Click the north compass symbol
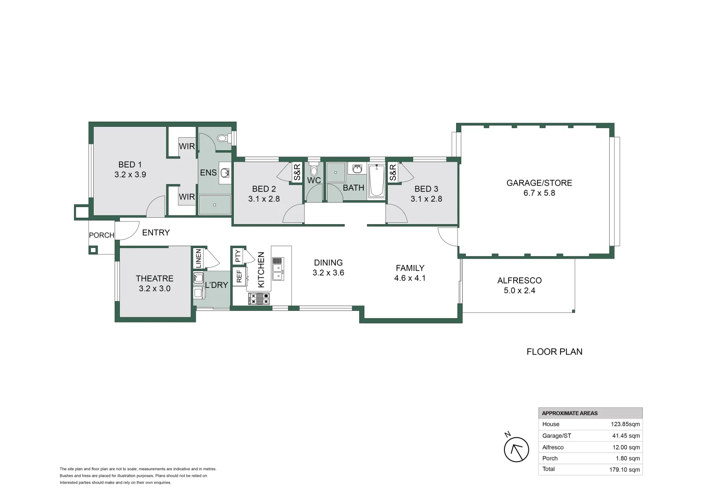516,449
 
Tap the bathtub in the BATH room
377,181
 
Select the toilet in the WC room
314,169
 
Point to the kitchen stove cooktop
259,299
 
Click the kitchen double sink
278,269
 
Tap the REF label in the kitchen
239,276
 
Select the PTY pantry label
238,255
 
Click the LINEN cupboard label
198,258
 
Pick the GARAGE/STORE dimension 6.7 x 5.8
539,193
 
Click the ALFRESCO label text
519,280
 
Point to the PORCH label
102,235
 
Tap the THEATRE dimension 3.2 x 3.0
154,288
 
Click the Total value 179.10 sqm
624,469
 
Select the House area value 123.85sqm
625,424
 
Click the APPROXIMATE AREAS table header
570,413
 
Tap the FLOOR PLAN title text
554,352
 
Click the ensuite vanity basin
225,173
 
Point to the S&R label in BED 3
393,173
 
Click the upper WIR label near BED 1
187,146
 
